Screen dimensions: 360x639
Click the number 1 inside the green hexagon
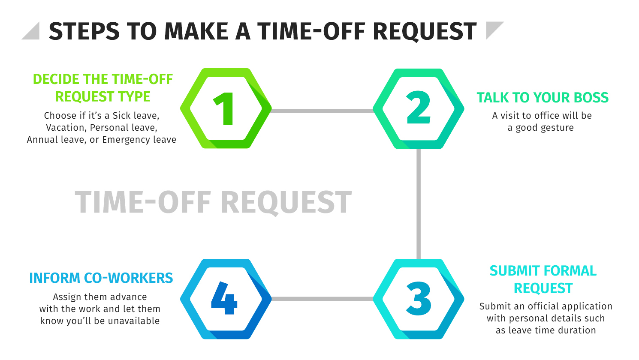coord(225,109)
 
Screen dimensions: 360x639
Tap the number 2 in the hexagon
coord(418,108)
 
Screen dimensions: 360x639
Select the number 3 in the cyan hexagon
coord(419,299)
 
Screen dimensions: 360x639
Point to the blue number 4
coord(224,298)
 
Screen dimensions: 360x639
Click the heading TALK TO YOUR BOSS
coord(543,98)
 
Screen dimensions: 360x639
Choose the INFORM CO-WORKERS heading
coord(101,278)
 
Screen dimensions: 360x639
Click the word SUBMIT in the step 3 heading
coord(514,271)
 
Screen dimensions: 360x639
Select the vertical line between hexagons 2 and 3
coord(419,204)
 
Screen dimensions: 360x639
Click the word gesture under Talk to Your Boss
coord(554,128)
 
